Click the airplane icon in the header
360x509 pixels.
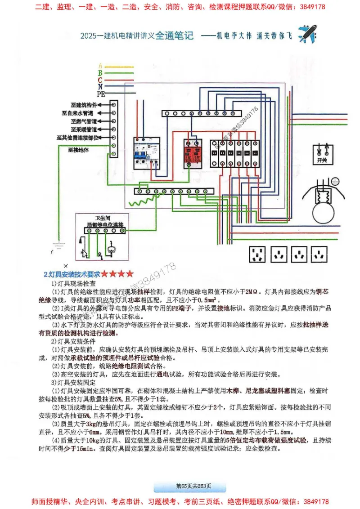[307, 34]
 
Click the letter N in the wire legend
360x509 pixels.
[100, 86]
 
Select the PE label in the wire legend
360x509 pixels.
[101, 94]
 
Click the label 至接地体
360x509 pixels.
[78, 150]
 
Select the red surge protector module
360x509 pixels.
[194, 153]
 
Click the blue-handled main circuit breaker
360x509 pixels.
[146, 153]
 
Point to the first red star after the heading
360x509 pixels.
[104, 273]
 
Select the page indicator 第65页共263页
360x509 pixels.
[189, 486]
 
